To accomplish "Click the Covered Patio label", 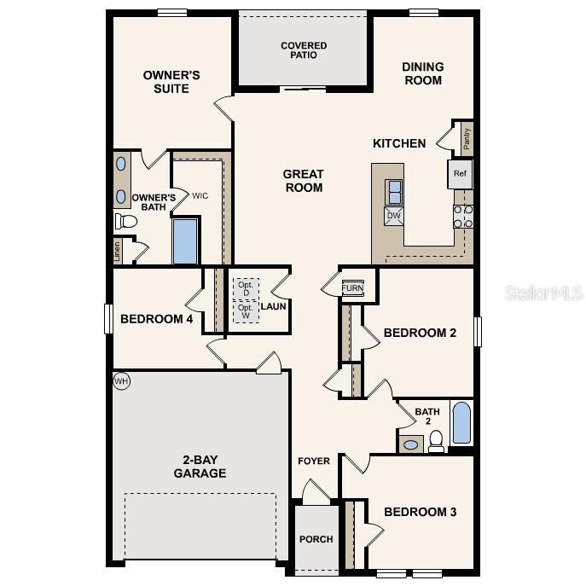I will pyautogui.click(x=304, y=50).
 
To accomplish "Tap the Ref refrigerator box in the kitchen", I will pyautogui.click(x=461, y=174).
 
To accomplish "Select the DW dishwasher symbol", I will pyautogui.click(x=394, y=216).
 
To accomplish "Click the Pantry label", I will pyautogui.click(x=467, y=136).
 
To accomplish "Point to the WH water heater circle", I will pyautogui.click(x=121, y=381).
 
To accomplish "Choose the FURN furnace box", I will pyautogui.click(x=352, y=288).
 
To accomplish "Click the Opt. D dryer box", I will pyautogui.click(x=247, y=288).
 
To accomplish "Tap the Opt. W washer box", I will pyautogui.click(x=247, y=312).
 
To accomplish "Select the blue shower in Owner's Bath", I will pyautogui.click(x=185, y=241).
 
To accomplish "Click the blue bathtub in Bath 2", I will pyautogui.click(x=461, y=424).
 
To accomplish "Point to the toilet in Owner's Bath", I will pyautogui.click(x=126, y=221).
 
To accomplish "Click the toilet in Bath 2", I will pyautogui.click(x=436, y=440).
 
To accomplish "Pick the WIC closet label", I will pyautogui.click(x=200, y=196).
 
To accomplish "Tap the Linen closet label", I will pyautogui.click(x=117, y=251).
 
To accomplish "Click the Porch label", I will pyautogui.click(x=316, y=539).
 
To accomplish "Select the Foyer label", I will pyautogui.click(x=314, y=461).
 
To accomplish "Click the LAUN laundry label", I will pyautogui.click(x=273, y=306).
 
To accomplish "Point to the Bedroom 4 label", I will pyautogui.click(x=156, y=319).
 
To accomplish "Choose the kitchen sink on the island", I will pyautogui.click(x=395, y=192).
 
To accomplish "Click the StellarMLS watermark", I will pyautogui.click(x=544, y=293).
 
